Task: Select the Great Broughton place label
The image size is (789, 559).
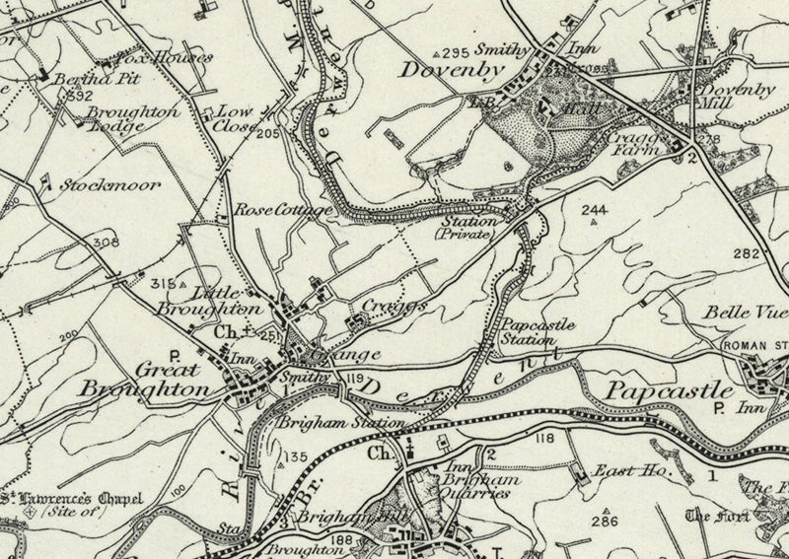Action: click(158, 380)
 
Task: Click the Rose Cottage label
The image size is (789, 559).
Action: click(273, 210)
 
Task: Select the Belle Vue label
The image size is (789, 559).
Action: click(739, 312)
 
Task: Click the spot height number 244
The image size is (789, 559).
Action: click(594, 209)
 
